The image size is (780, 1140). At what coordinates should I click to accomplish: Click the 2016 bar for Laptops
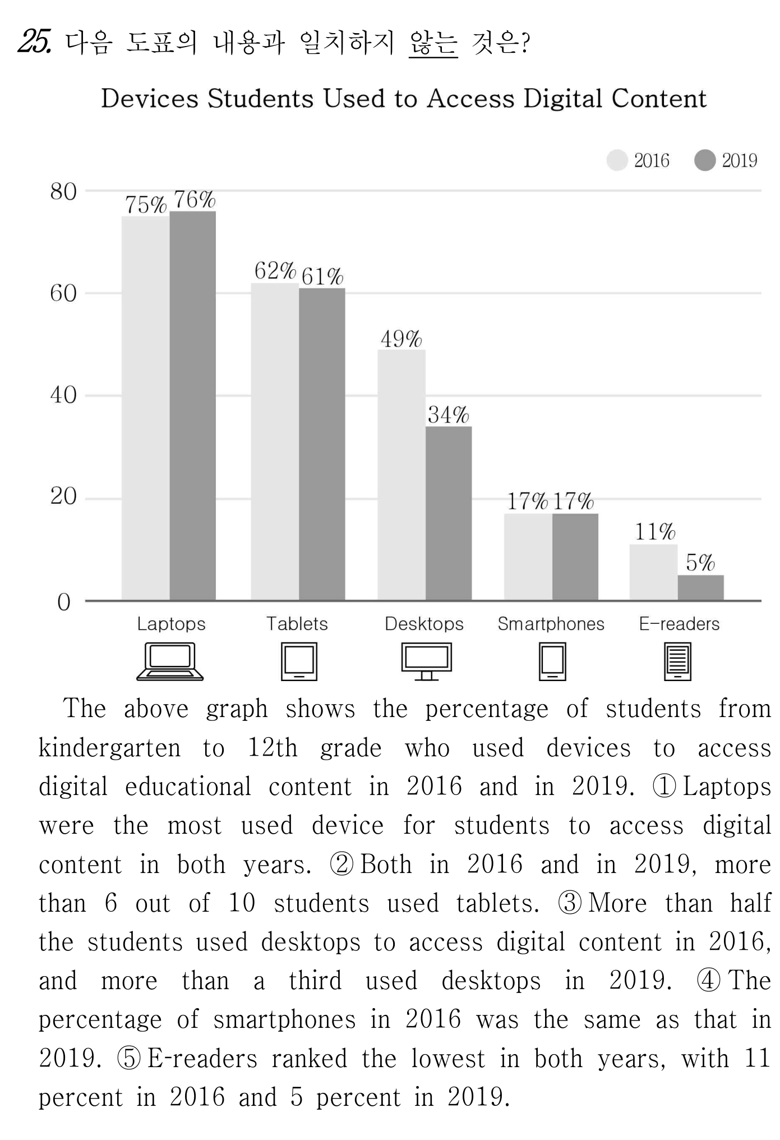click(x=146, y=408)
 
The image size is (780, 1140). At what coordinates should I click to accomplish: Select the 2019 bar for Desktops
click(x=449, y=513)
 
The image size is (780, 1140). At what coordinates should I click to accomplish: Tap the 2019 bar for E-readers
click(x=700, y=588)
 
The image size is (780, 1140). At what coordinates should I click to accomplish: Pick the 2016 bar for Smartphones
click(x=528, y=557)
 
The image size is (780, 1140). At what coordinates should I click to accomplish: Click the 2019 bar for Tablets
click(x=322, y=444)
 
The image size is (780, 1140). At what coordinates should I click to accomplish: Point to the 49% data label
click(x=401, y=339)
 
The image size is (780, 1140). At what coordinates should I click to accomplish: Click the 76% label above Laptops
click(x=195, y=199)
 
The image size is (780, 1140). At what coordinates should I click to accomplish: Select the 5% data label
click(x=700, y=562)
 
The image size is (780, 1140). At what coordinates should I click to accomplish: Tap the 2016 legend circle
click(x=617, y=160)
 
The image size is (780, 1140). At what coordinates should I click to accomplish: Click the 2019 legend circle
click(x=705, y=160)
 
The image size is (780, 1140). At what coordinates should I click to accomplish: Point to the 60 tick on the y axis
click(x=63, y=293)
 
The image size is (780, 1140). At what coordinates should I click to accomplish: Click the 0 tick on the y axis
click(x=64, y=603)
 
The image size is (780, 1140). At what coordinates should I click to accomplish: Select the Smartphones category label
click(x=551, y=624)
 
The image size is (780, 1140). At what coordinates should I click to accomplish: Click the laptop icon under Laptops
click(x=170, y=661)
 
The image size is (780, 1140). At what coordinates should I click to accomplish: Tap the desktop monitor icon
click(x=426, y=661)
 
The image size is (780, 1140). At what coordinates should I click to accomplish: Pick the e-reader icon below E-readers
click(x=677, y=662)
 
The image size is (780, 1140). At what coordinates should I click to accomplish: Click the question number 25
click(x=35, y=42)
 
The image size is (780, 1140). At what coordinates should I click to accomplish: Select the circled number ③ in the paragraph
click(x=569, y=903)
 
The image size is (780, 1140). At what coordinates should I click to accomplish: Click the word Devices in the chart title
click(x=150, y=99)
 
